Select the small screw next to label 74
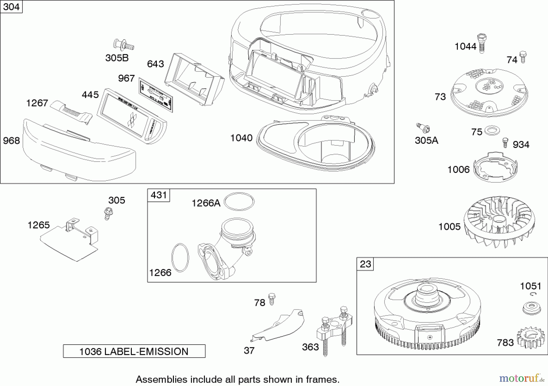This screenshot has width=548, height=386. [x=523, y=57]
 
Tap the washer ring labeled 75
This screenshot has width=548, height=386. [x=492, y=131]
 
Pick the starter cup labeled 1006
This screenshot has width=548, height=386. [x=495, y=168]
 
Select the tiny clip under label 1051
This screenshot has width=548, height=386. [x=533, y=294]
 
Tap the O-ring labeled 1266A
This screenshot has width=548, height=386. [x=239, y=201]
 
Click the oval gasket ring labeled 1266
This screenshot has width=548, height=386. [x=180, y=257]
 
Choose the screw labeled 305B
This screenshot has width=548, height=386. [x=124, y=45]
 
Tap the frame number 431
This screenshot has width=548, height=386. [x=159, y=195]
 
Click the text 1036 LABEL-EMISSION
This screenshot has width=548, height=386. [x=134, y=351]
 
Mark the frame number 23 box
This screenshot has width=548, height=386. [x=365, y=264]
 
